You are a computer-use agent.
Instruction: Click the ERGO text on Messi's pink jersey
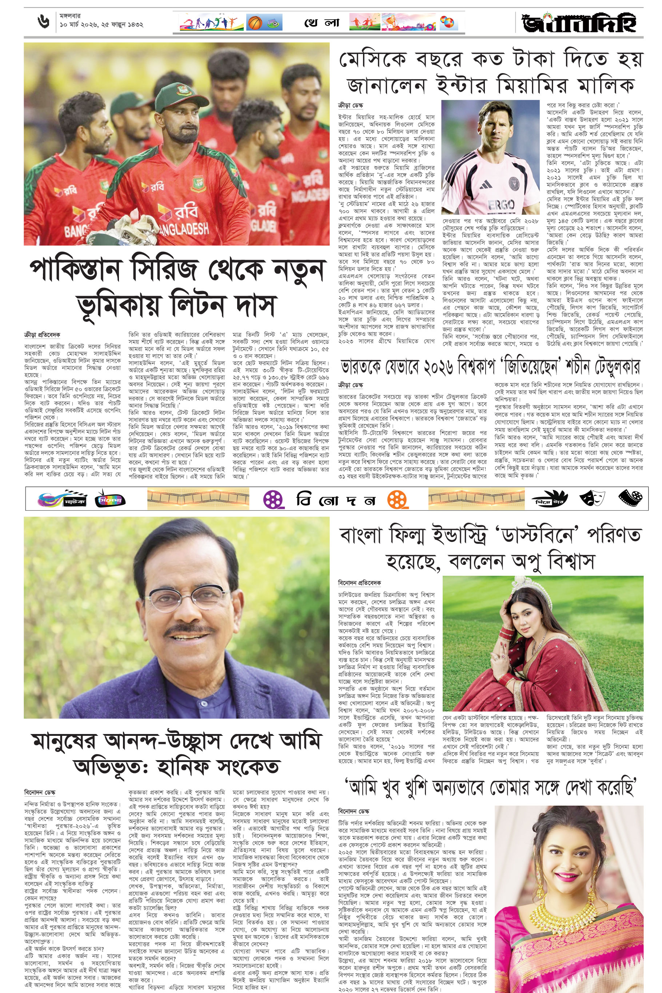501,205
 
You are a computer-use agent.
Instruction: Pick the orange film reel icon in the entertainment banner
398,499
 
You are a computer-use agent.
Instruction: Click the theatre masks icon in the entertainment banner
592,498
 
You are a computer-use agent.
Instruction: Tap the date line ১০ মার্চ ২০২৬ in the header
101,24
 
